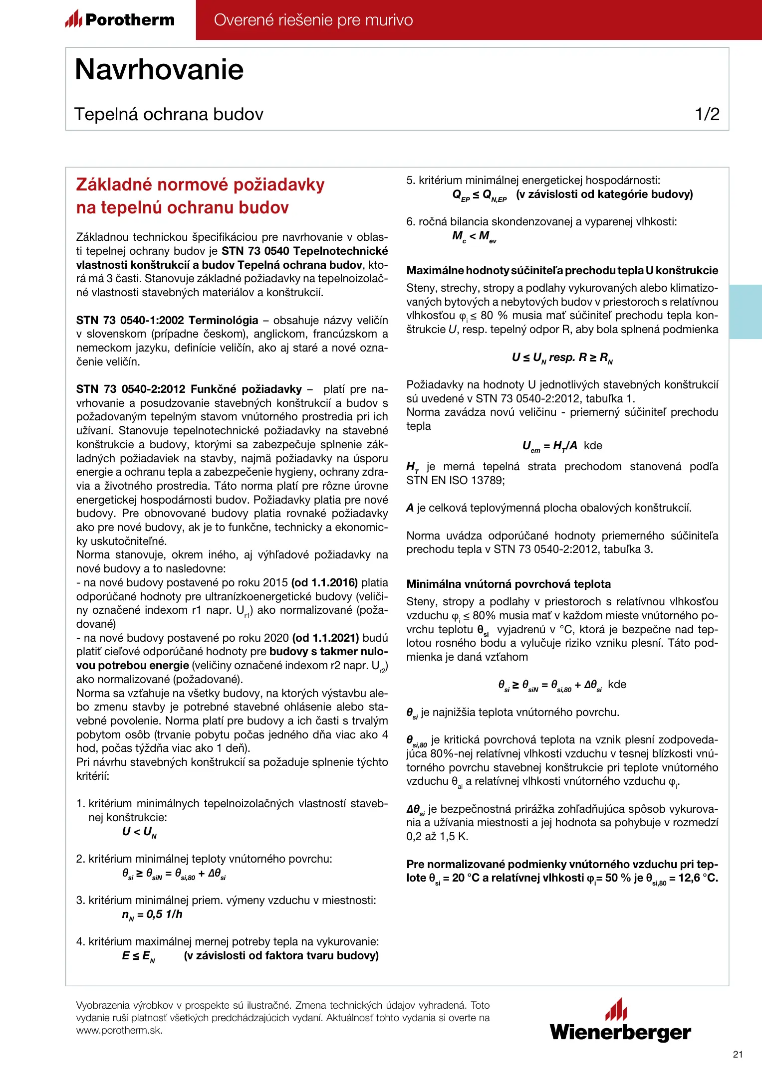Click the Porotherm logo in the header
[120, 20]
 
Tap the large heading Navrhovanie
[159, 69]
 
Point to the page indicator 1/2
[707, 114]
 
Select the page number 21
[738, 1054]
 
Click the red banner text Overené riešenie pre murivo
[313, 20]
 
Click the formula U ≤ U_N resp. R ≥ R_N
[562, 358]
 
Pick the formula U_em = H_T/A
[549, 446]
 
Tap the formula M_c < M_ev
[474, 236]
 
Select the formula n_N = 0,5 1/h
[152, 914]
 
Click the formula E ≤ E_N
[138, 956]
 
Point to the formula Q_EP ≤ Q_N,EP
[479, 195]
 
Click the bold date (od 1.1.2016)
[324, 582]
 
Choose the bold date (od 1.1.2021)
[326, 638]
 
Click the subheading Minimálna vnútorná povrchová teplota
[508, 584]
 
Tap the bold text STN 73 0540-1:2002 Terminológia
[167, 320]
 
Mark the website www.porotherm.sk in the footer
[119, 1030]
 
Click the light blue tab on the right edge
[746, 312]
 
